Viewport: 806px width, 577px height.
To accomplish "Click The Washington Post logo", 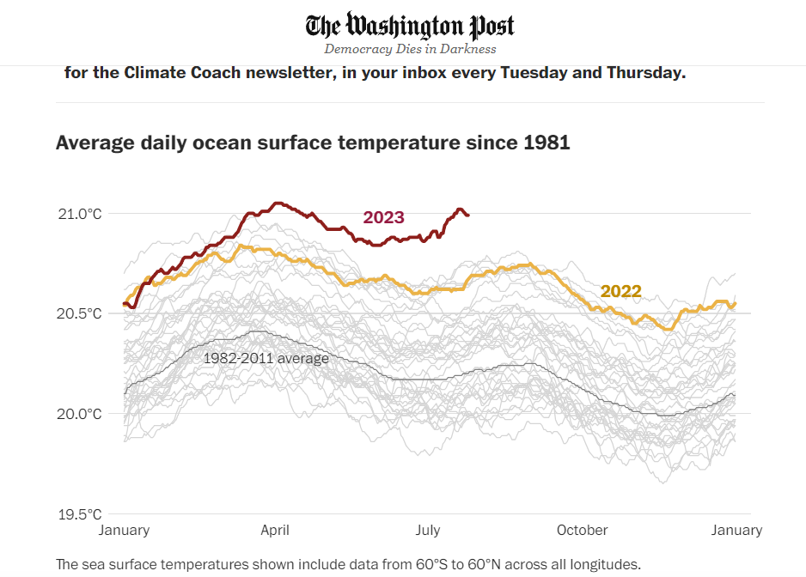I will (x=410, y=25).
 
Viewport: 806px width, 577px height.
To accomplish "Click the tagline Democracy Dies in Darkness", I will (x=410, y=49).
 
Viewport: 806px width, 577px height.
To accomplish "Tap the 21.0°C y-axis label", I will (x=80, y=214).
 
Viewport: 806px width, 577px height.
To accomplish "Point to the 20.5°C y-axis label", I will (x=80, y=314).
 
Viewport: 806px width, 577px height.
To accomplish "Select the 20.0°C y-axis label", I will (x=80, y=414).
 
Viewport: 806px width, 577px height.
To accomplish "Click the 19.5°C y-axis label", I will (x=80, y=515).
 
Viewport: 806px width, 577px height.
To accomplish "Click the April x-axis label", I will (x=275, y=530).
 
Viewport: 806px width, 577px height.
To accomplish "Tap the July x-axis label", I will (x=428, y=530).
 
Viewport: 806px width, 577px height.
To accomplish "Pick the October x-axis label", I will (x=582, y=530).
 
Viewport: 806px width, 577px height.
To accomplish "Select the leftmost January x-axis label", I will (x=124, y=530).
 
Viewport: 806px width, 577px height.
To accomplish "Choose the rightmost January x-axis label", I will (x=736, y=530).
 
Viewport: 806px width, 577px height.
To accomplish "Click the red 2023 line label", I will (x=383, y=217).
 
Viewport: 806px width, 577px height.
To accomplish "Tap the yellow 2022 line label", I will (x=620, y=291).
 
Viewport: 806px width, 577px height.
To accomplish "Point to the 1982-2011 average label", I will (x=266, y=358).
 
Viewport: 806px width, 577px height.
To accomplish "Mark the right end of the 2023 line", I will (x=468, y=215).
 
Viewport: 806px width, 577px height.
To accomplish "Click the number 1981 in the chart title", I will (x=546, y=143).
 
